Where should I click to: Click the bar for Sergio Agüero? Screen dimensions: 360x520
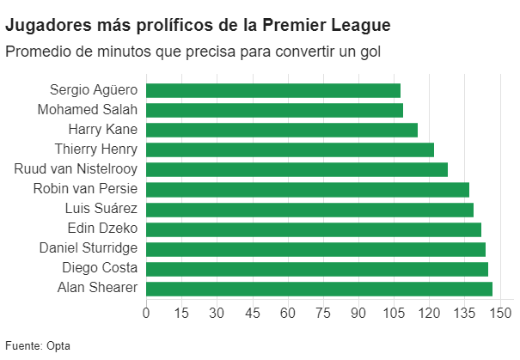click(273, 90)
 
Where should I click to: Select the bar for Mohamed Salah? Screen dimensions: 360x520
click(274, 110)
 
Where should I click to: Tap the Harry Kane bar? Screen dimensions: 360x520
click(282, 130)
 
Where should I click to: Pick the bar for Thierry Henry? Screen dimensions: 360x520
click(290, 149)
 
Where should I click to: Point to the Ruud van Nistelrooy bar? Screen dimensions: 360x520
click(297, 169)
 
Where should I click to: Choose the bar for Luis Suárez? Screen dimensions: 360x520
click(309, 209)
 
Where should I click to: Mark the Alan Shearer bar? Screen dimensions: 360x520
click(319, 288)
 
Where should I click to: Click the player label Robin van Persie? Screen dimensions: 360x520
click(85, 189)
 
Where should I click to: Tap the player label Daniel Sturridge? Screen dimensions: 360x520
click(89, 248)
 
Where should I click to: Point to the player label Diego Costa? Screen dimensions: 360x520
click(100, 268)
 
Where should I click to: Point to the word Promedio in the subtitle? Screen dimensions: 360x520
click(37, 52)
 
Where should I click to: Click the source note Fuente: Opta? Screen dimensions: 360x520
click(38, 346)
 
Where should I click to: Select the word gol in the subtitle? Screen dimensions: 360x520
click(368, 52)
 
